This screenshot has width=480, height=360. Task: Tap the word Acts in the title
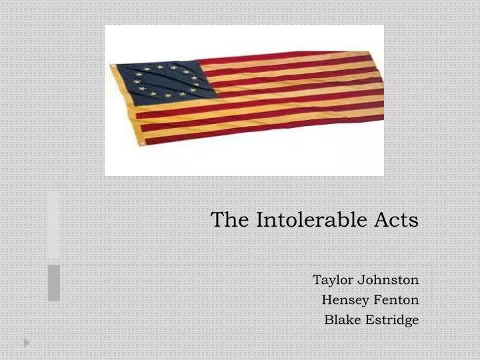(401, 219)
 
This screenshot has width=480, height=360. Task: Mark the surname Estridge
(391, 320)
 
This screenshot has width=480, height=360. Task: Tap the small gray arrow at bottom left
(27, 343)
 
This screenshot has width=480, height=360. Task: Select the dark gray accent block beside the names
(54, 283)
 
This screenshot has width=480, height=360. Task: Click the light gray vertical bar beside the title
(53, 225)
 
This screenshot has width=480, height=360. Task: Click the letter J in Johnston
(359, 280)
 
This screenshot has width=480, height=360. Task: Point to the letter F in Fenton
(371, 300)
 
